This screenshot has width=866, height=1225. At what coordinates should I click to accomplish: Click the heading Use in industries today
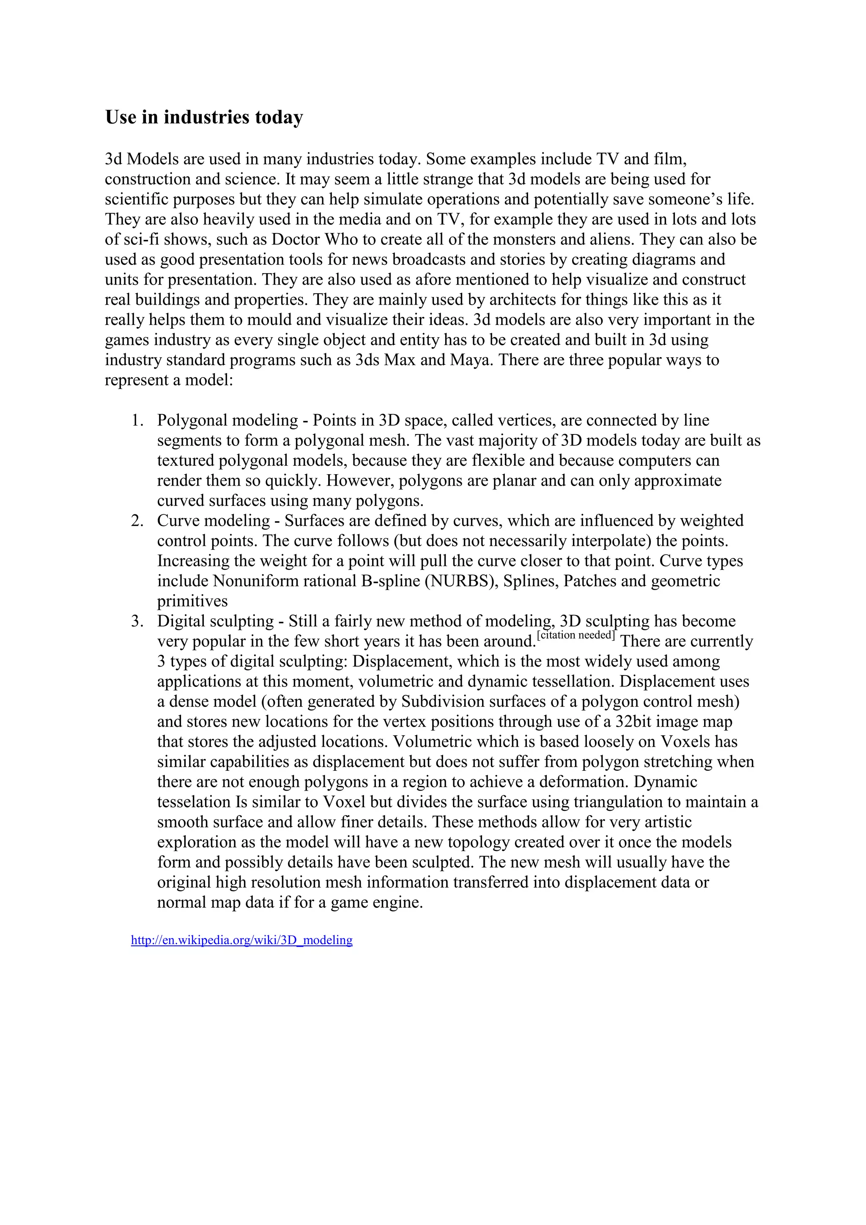[x=204, y=117]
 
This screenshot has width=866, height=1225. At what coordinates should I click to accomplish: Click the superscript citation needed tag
[x=576, y=635]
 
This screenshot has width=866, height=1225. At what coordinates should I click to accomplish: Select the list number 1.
[x=137, y=420]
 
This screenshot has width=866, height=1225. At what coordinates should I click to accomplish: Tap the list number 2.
[x=137, y=521]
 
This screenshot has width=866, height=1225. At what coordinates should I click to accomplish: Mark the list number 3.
[x=137, y=621]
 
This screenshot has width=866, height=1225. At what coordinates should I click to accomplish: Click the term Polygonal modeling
[x=227, y=420]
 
